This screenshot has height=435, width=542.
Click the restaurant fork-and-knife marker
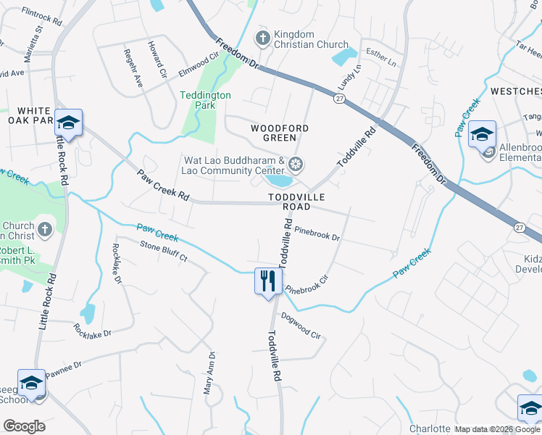click(268, 281)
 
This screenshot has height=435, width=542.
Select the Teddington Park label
click(205, 100)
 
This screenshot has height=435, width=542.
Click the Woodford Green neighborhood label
click(279, 133)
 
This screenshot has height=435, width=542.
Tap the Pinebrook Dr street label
click(317, 233)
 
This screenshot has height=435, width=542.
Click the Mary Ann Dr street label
click(209, 373)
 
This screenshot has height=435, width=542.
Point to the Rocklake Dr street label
click(93, 331)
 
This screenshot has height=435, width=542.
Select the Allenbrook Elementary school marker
click(482, 135)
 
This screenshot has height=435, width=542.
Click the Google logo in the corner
click(24, 426)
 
